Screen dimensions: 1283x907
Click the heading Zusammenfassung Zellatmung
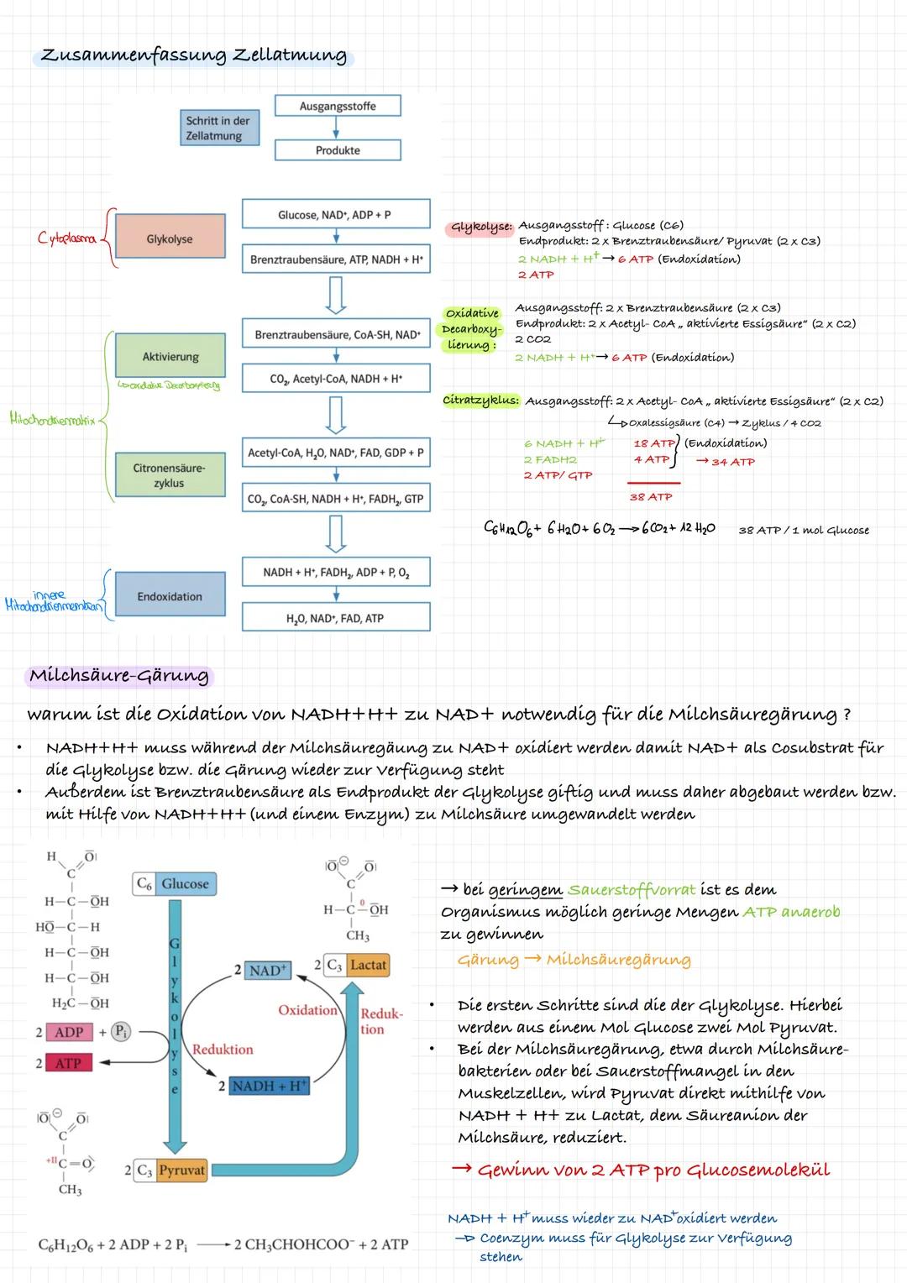pos(194,55)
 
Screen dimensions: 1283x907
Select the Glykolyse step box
pos(170,239)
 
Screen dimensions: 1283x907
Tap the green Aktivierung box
pos(170,356)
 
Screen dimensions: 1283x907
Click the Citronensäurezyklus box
pos(170,474)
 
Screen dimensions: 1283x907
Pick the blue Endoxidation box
pos(170,596)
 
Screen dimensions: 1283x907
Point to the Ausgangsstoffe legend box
pos(338,107)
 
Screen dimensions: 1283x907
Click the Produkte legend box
pos(338,150)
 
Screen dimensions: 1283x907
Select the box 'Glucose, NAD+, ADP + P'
pos(335,214)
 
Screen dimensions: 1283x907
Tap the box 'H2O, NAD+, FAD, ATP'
pos(335,618)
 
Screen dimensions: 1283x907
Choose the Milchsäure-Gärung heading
pos(118,676)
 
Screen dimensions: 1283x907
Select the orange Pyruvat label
pos(182,1170)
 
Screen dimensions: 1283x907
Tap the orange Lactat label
pos(368,965)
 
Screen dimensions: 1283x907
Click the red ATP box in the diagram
pos(68,1063)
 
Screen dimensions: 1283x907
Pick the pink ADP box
pos(68,1032)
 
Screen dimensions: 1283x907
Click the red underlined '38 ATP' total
pos(652,497)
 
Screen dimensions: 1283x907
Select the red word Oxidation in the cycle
pos(307,1009)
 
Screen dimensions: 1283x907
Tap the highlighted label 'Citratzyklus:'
pos(481,401)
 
